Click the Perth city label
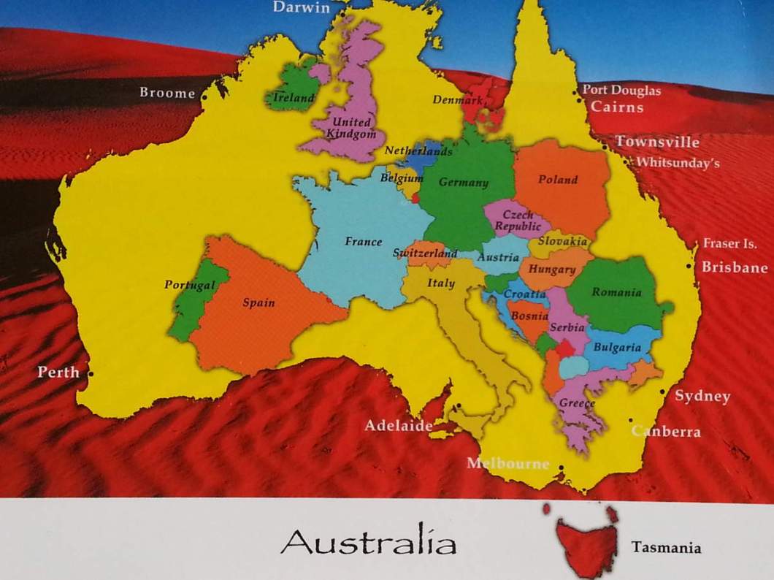point(58,372)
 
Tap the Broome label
point(167,93)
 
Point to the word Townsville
point(656,142)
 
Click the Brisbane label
point(734,267)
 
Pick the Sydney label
point(702,396)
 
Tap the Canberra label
point(667,431)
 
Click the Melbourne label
point(507,463)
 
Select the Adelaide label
point(399,425)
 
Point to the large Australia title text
point(368,543)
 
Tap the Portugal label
point(190,285)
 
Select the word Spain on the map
point(258,302)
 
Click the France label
point(364,242)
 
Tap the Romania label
point(616,293)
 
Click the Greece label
point(577,403)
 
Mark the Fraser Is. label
point(729,244)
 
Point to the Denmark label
point(458,99)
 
